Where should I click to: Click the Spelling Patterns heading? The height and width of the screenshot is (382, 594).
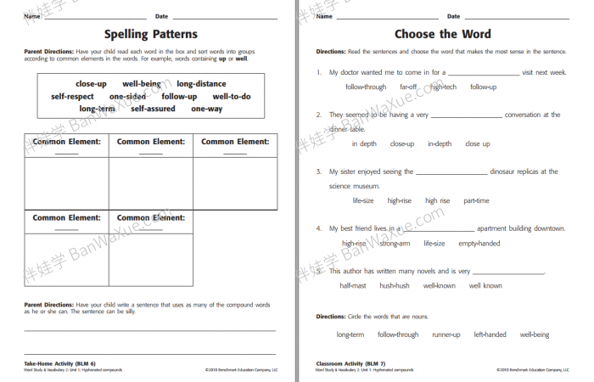(x=150, y=35)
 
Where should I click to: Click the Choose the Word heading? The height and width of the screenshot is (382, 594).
(x=442, y=35)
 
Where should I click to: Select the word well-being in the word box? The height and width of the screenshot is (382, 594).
(x=142, y=84)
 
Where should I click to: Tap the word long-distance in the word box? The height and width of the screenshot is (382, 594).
(x=201, y=84)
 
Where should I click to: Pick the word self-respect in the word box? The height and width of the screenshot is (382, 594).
(x=72, y=97)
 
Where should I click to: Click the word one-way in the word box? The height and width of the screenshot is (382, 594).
(x=206, y=109)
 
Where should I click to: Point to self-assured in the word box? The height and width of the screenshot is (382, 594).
(x=153, y=109)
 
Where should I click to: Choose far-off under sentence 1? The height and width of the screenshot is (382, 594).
(x=408, y=87)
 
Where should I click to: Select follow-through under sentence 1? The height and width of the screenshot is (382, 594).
(x=366, y=87)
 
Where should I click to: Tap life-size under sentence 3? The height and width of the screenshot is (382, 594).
(x=363, y=200)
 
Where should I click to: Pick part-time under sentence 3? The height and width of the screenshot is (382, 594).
(x=476, y=200)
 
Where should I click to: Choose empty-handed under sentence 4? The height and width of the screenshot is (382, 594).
(x=479, y=244)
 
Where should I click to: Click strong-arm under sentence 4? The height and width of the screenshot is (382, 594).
(x=395, y=244)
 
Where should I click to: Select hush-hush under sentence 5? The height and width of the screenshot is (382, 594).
(x=395, y=286)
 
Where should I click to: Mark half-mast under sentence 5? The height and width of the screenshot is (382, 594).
(x=353, y=286)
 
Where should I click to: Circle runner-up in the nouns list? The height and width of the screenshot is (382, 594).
(x=446, y=334)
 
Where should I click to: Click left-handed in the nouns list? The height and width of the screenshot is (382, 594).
(x=490, y=334)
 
